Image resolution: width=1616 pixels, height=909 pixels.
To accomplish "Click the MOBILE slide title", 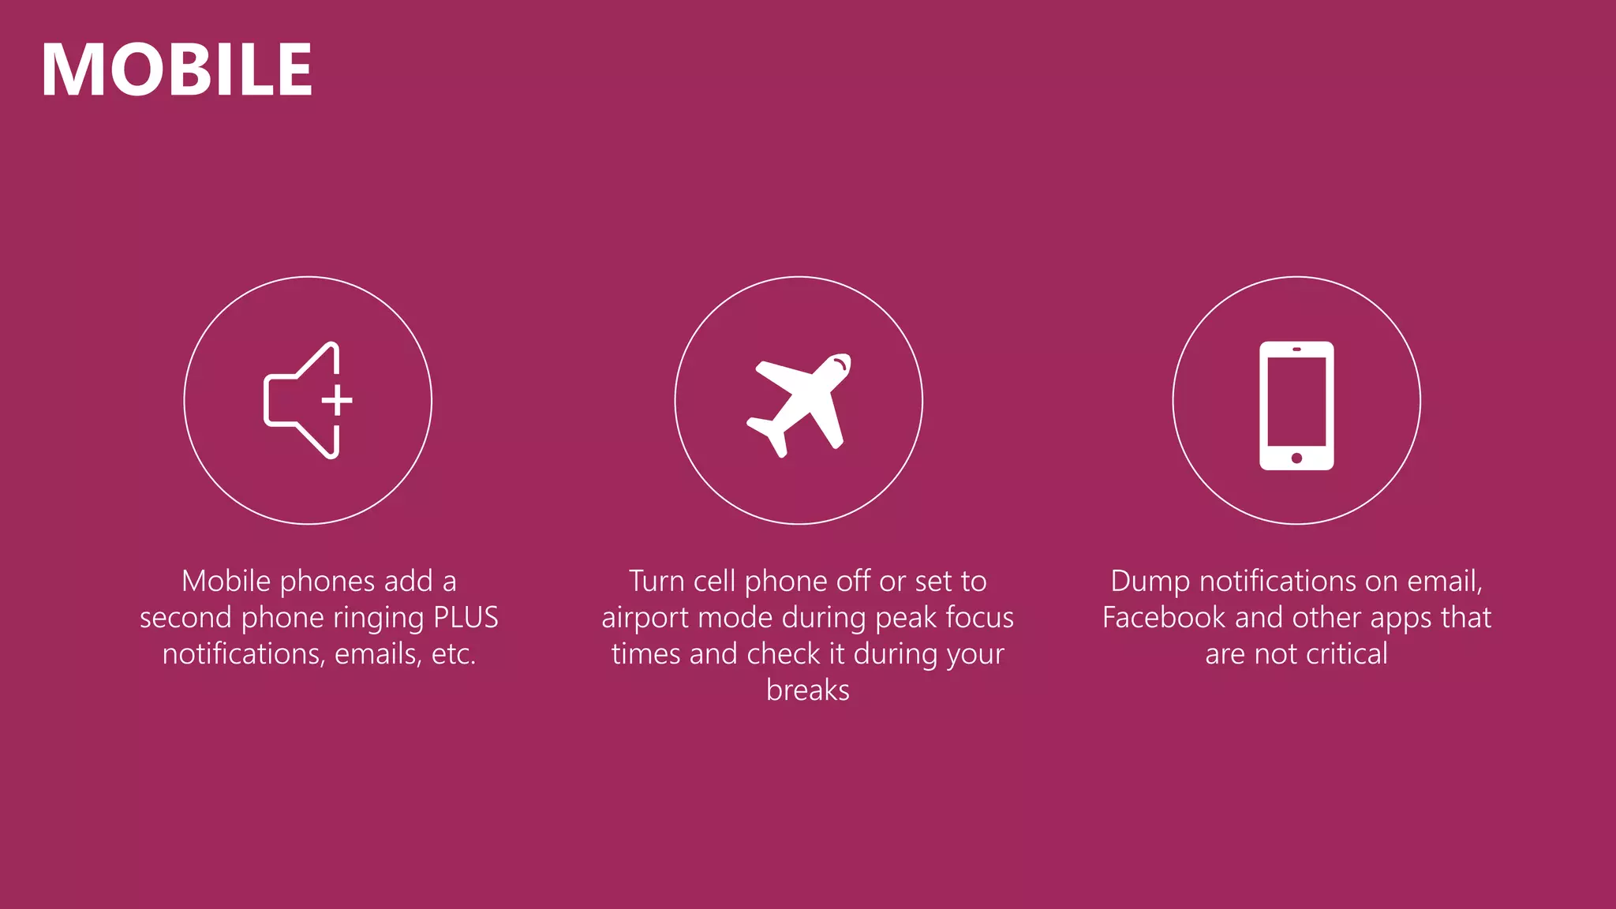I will pos(177,69).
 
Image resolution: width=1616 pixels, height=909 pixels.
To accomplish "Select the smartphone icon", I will pos(1296,406).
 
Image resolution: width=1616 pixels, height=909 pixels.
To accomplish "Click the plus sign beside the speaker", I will pos(337,400).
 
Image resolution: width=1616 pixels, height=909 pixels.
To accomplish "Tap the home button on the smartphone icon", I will pos(1296,458).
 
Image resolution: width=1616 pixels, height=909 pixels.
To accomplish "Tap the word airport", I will pos(645,618).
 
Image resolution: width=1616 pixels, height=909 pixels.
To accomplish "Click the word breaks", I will pos(808,690).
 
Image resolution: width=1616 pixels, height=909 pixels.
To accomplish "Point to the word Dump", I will pos(1150,582).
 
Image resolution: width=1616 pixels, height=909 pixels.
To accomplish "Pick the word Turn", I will pos(656,582).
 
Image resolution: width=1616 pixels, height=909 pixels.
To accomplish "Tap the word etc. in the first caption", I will pos(453,654).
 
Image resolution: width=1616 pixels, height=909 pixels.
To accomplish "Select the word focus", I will pos(979,618).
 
